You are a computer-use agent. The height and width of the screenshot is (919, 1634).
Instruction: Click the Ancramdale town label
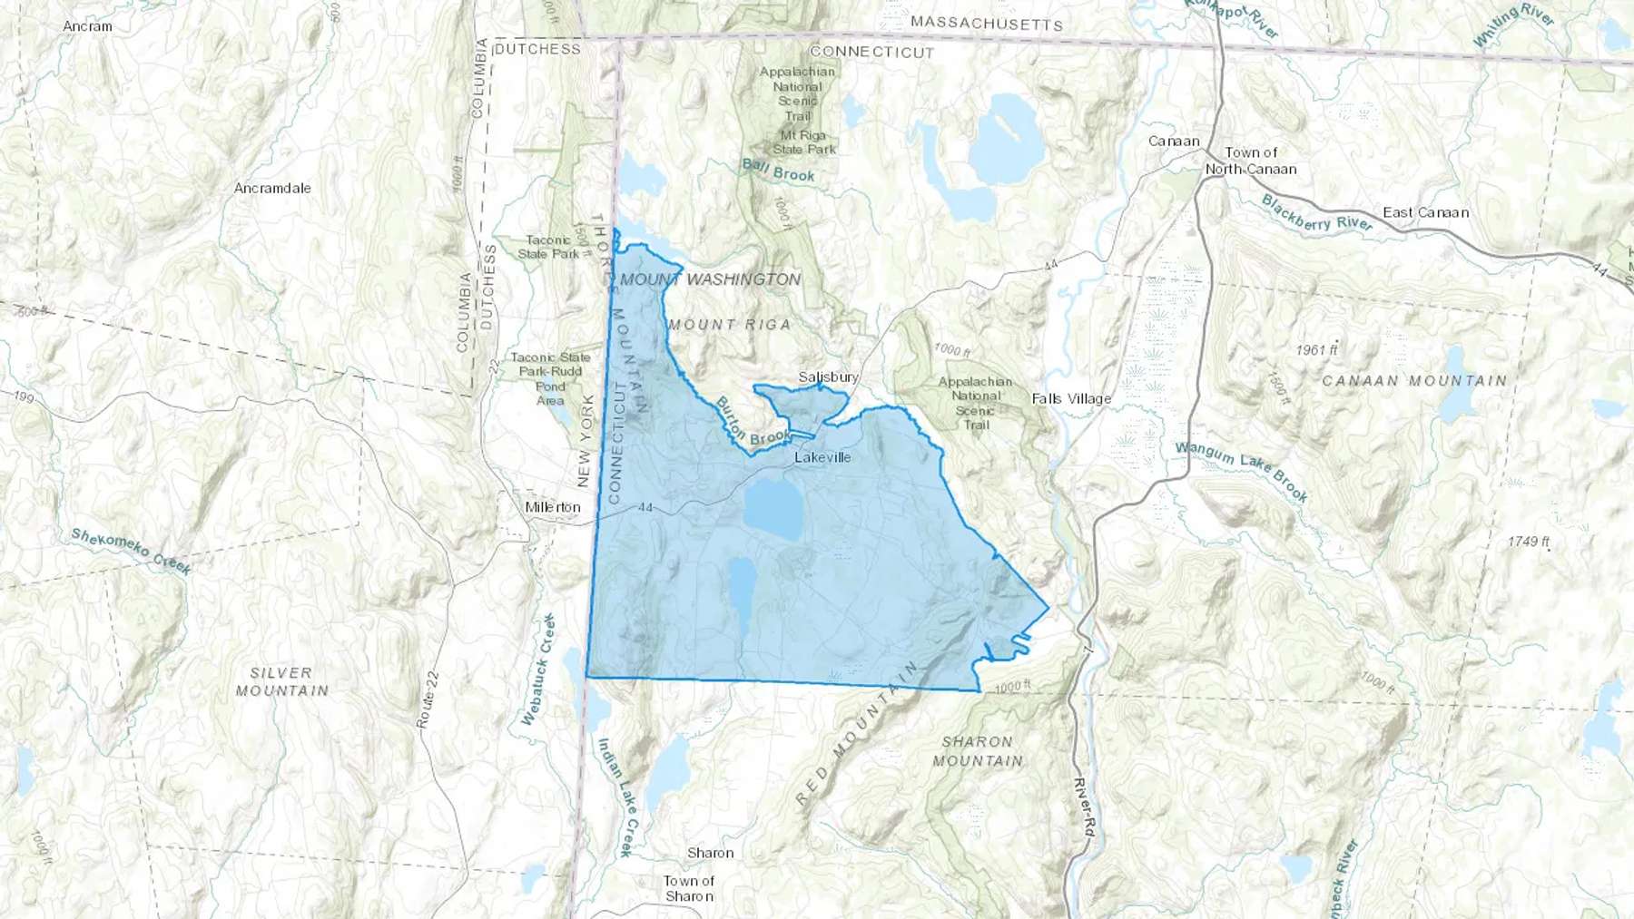pos(272,188)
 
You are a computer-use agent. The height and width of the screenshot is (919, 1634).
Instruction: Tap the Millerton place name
pos(552,507)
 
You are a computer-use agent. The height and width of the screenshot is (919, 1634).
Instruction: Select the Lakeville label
pos(822,457)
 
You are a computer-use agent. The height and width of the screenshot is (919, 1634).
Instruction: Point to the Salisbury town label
pos(828,376)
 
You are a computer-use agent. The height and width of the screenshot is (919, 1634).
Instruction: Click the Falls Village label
pos(1071,398)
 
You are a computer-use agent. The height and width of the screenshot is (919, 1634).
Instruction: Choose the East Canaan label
pos(1425,212)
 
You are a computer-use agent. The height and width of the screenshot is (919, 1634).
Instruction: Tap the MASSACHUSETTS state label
pos(986,23)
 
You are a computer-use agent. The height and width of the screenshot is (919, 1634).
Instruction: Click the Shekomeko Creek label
pos(132,552)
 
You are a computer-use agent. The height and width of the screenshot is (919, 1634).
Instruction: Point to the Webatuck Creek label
pos(537,670)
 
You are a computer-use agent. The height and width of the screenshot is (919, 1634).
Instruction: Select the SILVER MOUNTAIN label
pos(281,681)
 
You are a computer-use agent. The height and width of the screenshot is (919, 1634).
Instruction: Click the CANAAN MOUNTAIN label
pos(1413,380)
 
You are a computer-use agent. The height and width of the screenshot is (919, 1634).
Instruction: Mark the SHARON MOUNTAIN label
pos(977,751)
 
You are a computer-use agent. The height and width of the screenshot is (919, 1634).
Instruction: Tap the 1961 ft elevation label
pos(1316,349)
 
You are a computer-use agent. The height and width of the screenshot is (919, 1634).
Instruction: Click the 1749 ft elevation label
pos(1529,542)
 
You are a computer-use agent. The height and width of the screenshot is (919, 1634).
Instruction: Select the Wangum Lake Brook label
pos(1241,471)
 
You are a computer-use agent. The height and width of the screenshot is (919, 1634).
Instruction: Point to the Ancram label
pos(88,26)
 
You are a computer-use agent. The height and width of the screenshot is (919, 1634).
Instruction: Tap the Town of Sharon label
pos(689,888)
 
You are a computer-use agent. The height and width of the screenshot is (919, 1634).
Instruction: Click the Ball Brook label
pos(778,170)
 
